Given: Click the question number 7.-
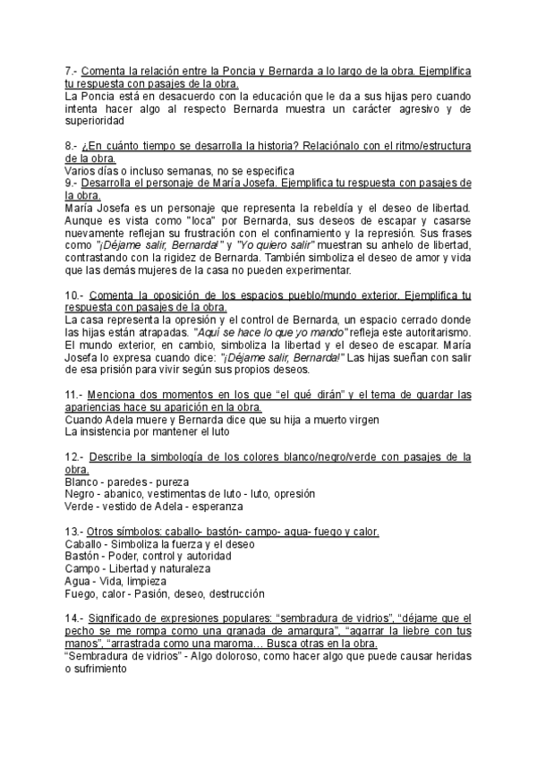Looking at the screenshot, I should point(73,70).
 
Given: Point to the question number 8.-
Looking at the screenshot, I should point(73,146).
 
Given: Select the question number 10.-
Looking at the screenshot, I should point(75,295).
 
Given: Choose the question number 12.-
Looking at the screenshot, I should point(75,456).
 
